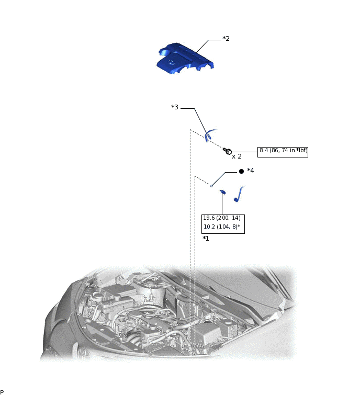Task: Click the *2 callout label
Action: tap(226, 39)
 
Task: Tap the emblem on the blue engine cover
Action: tap(171, 62)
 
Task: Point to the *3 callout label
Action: tap(175, 107)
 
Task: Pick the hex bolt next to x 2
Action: tap(228, 151)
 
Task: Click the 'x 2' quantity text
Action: tap(237, 156)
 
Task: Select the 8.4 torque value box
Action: tap(283, 152)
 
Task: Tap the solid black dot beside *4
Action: tap(241, 171)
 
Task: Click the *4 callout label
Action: tap(251, 171)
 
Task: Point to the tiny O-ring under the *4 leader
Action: tap(211, 186)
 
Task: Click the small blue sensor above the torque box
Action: tap(222, 192)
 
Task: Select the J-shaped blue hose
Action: tap(239, 194)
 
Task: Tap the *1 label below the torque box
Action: tap(206, 239)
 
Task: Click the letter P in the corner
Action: tap(2, 392)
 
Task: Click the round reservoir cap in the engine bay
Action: tap(97, 296)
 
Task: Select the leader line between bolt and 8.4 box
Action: tap(244, 152)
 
